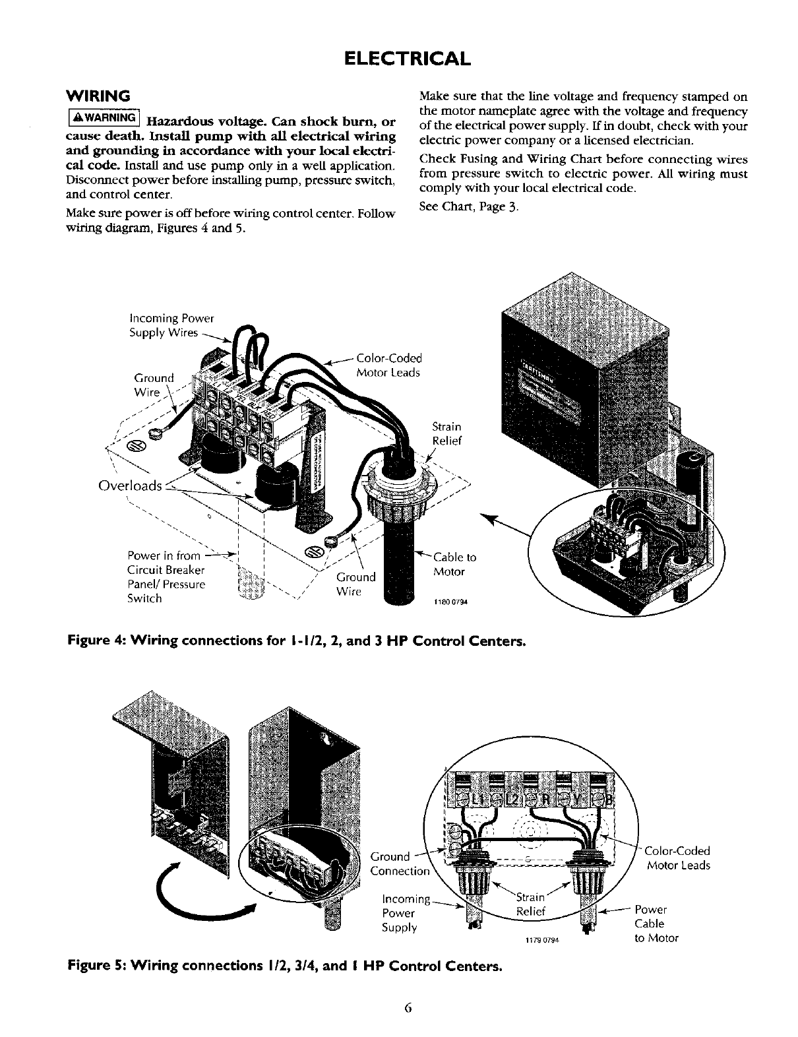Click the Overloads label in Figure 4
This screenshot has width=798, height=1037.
point(129,486)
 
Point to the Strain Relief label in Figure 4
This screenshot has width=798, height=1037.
point(446,433)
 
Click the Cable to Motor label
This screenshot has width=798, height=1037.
point(454,564)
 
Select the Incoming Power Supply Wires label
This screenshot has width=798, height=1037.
point(171,326)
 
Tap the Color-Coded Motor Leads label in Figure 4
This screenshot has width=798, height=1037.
point(388,365)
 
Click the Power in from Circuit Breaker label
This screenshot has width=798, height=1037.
point(166,577)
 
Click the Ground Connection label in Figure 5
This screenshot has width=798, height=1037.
point(399,864)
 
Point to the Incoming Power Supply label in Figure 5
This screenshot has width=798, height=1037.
point(405,913)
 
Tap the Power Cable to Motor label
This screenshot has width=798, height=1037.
point(656,924)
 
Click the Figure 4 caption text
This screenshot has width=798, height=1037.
point(296,641)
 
